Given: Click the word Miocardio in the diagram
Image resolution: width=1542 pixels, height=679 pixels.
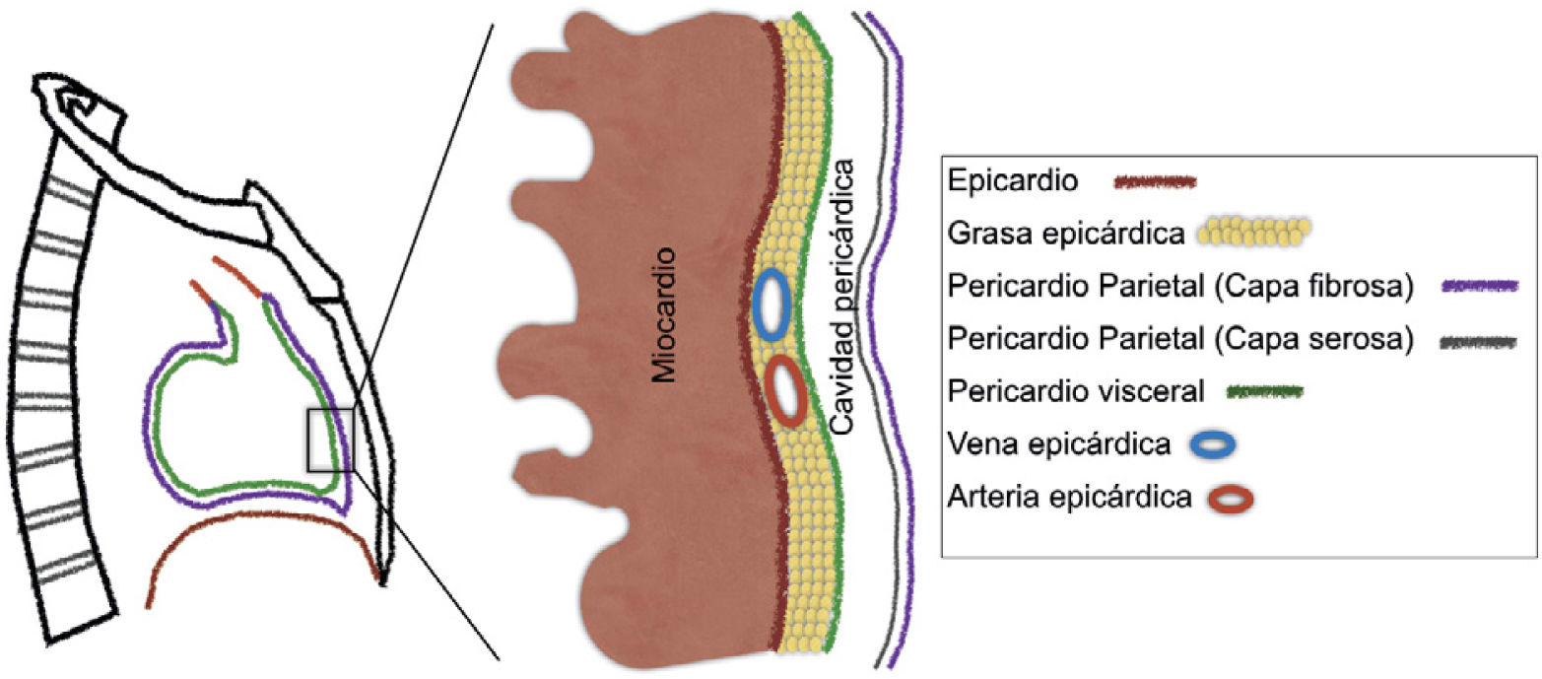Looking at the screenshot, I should coord(667,316).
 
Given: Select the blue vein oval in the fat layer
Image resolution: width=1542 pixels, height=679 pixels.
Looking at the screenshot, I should coord(771,306).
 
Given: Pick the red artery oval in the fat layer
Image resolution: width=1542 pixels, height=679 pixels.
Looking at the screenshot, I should coord(786,391).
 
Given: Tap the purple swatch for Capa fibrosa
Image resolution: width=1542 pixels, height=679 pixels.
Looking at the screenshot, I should coord(1479,286).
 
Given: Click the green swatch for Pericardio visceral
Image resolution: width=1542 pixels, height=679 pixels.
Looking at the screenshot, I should coord(1264,391).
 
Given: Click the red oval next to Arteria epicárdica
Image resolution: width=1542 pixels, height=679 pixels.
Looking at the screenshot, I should coord(1231,499).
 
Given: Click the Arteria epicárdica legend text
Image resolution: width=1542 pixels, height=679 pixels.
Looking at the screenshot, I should coord(1064,499).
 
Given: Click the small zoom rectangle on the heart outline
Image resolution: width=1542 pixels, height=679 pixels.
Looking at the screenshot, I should coord(330,441).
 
